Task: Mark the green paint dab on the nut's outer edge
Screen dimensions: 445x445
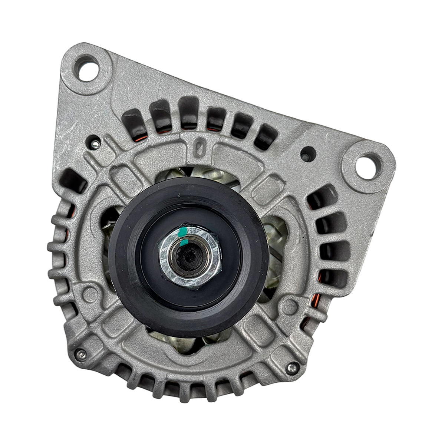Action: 182,233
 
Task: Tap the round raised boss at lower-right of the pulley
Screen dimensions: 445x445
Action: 290,306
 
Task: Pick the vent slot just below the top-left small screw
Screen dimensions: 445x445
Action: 72,182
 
